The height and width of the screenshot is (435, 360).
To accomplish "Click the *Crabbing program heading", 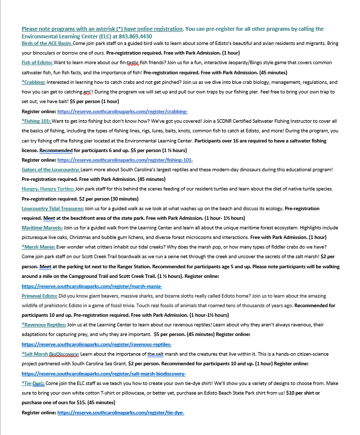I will pyautogui.click(x=34, y=82).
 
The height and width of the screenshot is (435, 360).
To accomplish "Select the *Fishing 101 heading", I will pyautogui.click(x=36, y=121).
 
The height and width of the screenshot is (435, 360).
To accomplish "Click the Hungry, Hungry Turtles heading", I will pyautogui.click(x=48, y=188).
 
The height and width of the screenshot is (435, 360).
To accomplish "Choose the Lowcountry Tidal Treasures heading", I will pyautogui.click(x=53, y=208).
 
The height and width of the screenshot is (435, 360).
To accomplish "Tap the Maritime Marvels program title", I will pyautogui.click(x=42, y=228).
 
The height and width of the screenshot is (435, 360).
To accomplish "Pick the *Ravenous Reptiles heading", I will pyautogui.click(x=44, y=324).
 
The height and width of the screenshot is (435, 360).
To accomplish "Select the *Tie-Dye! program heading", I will pyautogui.click(x=33, y=383).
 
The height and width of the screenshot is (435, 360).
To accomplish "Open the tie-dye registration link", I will pyautogui.click(x=121, y=412).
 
